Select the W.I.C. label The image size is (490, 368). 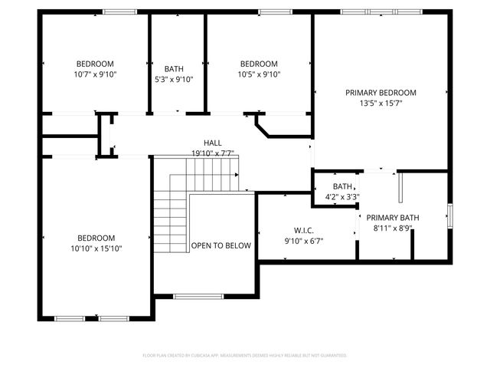point(304,231)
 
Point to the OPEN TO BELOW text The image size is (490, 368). point(221,246)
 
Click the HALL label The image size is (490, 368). point(213,143)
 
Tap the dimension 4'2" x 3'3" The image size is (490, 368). point(342,196)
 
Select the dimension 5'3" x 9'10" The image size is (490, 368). point(174,79)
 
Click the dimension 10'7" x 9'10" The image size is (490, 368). point(94,74)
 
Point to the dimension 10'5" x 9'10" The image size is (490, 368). point(259,74)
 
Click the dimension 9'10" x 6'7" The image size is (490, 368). point(304,241)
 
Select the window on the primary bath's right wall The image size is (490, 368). point(450,215)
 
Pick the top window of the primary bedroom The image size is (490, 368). point(381,11)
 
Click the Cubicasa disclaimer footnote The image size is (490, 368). point(245,356)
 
